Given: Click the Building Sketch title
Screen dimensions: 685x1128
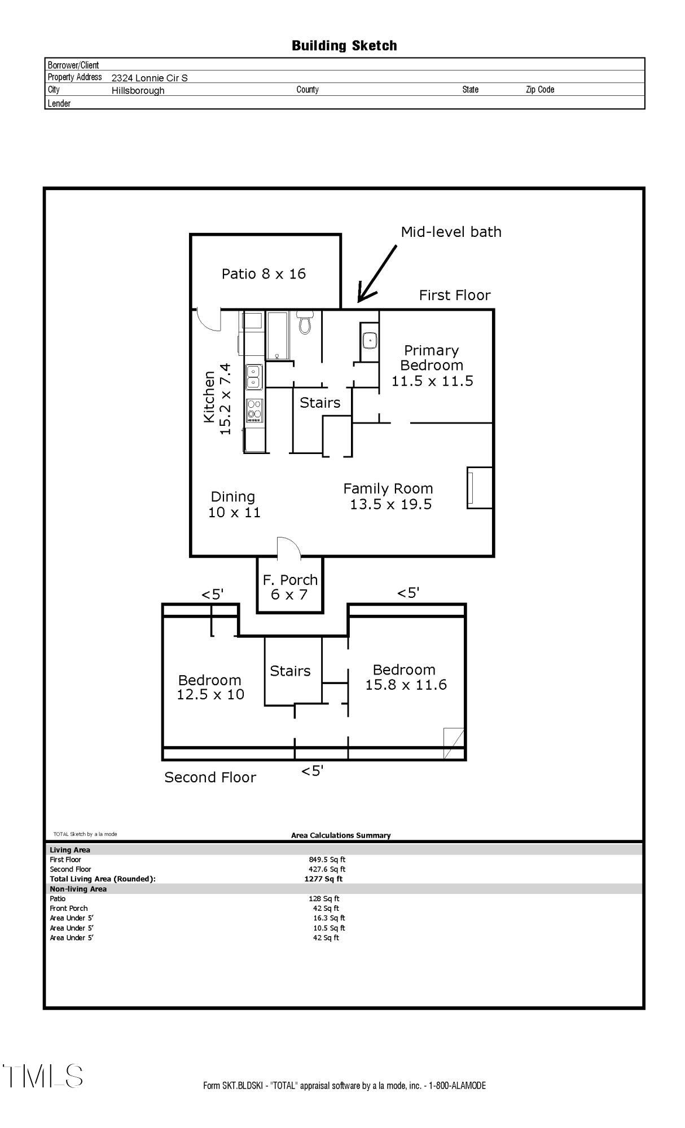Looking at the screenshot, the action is [x=344, y=46].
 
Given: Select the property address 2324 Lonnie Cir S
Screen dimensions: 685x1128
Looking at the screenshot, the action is [x=150, y=78].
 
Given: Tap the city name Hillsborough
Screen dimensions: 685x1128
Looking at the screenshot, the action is [x=138, y=90].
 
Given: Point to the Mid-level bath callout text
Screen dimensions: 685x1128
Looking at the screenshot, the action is [x=451, y=232].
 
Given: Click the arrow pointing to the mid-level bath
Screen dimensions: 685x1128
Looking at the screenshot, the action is [x=377, y=274].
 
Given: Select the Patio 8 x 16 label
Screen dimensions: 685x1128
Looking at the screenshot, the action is [x=264, y=274].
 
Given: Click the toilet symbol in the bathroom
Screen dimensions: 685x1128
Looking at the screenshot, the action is [x=305, y=323].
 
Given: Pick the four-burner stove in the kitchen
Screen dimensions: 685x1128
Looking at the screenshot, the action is [x=255, y=411].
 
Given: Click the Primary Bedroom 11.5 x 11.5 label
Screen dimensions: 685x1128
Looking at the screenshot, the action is [x=432, y=365].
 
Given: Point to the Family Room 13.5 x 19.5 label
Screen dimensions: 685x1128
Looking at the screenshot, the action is [x=389, y=496].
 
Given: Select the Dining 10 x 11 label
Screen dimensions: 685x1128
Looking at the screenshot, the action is [x=234, y=504].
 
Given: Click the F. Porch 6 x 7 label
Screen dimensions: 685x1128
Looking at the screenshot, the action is [x=290, y=587].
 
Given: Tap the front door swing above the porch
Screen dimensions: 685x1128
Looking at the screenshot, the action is [x=289, y=547].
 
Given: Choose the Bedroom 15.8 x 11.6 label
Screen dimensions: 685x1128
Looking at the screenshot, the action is [x=406, y=677].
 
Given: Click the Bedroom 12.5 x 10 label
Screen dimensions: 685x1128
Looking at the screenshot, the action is [x=210, y=687].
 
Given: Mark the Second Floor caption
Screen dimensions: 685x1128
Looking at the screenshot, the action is [x=210, y=777].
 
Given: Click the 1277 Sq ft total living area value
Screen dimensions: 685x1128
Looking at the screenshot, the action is [x=323, y=879].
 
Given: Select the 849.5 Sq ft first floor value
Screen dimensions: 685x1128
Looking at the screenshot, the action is [x=327, y=860].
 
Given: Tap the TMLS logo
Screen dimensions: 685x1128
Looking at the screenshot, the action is [x=43, y=1076].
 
